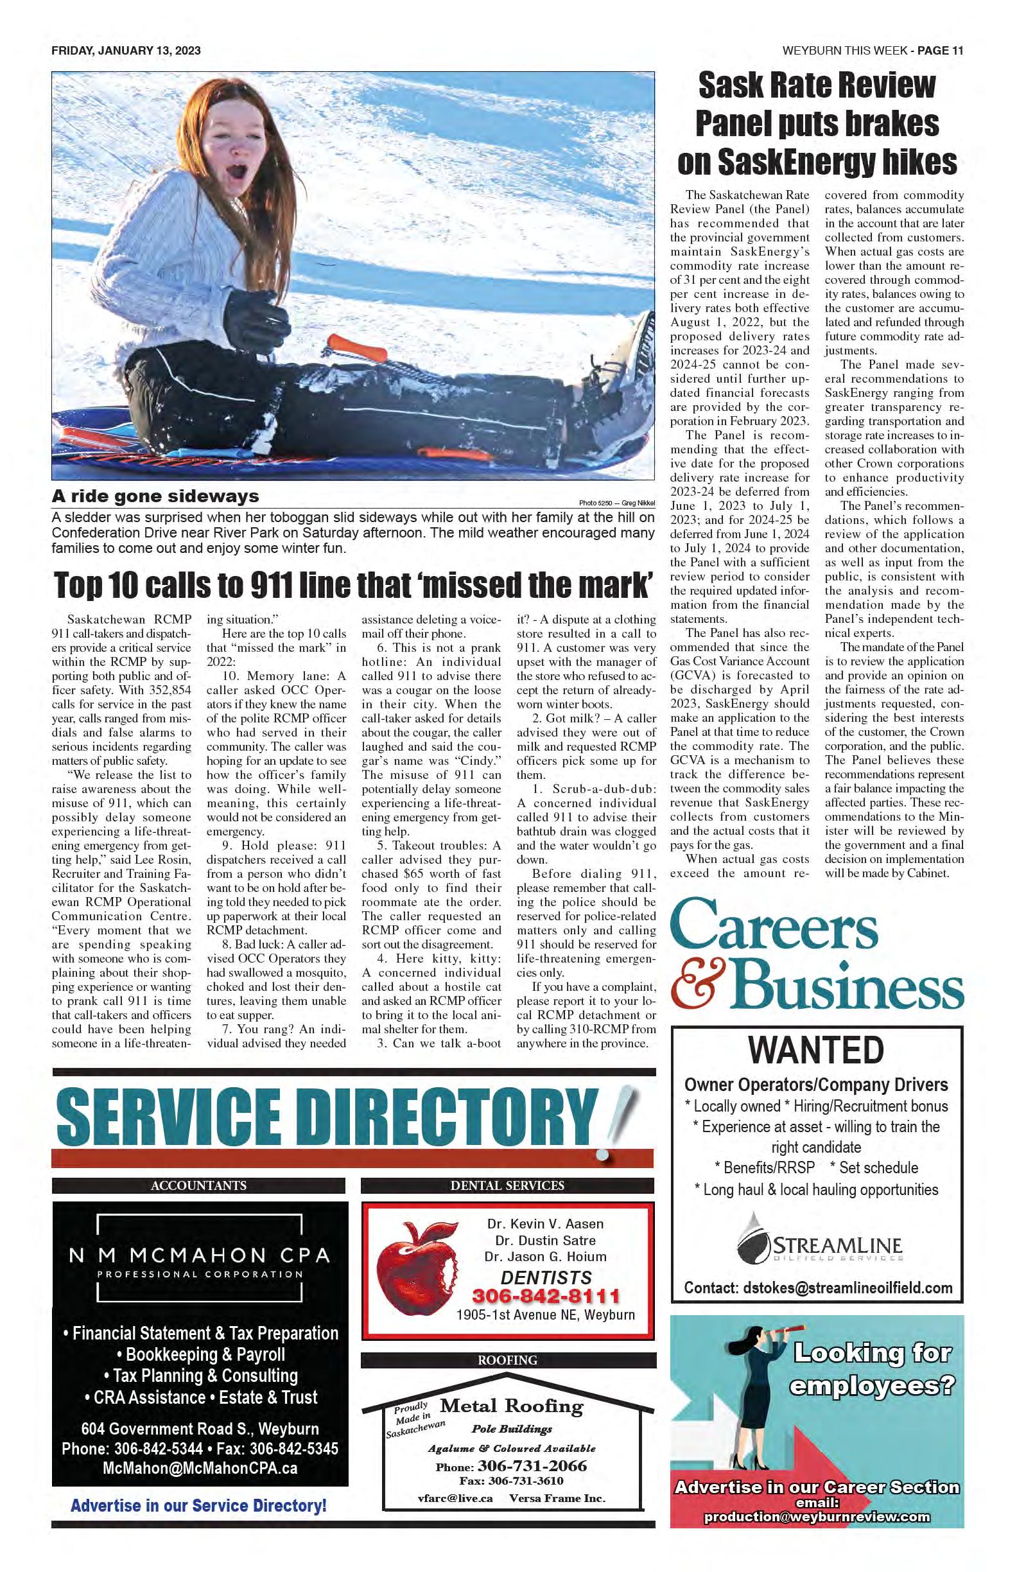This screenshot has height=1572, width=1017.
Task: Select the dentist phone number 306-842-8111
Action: click(x=546, y=1296)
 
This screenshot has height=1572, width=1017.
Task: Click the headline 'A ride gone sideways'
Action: click(x=156, y=496)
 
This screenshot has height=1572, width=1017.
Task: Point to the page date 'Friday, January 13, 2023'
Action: click(x=125, y=51)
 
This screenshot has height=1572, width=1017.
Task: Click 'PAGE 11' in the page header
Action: click(x=940, y=51)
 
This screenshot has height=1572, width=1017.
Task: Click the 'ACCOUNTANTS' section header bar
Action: click(x=198, y=1185)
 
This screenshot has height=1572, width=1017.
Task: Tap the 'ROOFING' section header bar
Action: click(x=508, y=1360)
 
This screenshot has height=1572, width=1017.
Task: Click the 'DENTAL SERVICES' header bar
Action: click(x=508, y=1185)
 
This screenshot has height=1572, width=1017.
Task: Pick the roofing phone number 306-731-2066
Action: click(x=532, y=1465)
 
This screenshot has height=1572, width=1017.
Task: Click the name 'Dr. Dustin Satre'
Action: click(x=545, y=1241)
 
